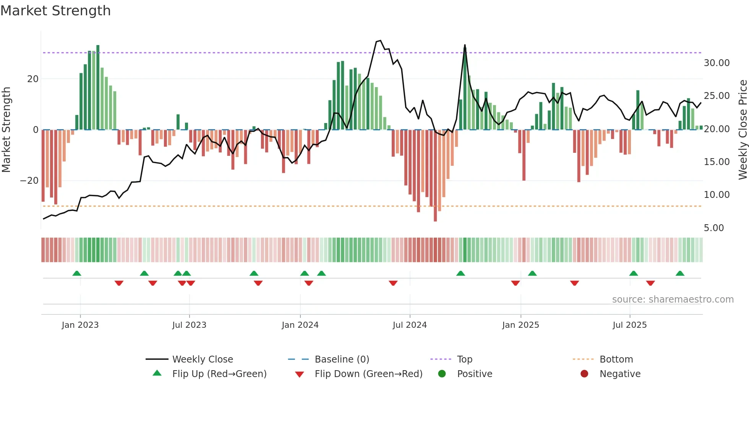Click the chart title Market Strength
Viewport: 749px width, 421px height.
55,11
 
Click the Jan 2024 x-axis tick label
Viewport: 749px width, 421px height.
300,325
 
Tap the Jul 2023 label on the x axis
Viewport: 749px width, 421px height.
189,325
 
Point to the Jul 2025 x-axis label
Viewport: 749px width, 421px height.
629,325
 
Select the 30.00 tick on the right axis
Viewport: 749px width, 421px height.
717,63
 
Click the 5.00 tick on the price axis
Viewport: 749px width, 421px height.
713,228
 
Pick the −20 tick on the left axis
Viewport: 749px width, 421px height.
29,181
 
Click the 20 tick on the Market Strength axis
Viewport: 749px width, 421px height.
33,79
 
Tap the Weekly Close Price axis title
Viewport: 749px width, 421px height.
743,130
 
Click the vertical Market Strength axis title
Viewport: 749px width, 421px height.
6,130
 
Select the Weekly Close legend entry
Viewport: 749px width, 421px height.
202,359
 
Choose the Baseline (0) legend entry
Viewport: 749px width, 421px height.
342,359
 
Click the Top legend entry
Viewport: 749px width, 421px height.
464,359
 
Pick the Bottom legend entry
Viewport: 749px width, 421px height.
616,359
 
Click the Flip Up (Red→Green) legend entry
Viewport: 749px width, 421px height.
219,374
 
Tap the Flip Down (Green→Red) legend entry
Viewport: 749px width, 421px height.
368,374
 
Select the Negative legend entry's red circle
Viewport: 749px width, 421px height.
584,374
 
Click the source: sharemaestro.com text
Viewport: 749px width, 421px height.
673,300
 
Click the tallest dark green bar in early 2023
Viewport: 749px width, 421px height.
98,87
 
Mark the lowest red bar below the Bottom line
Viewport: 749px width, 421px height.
435,176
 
